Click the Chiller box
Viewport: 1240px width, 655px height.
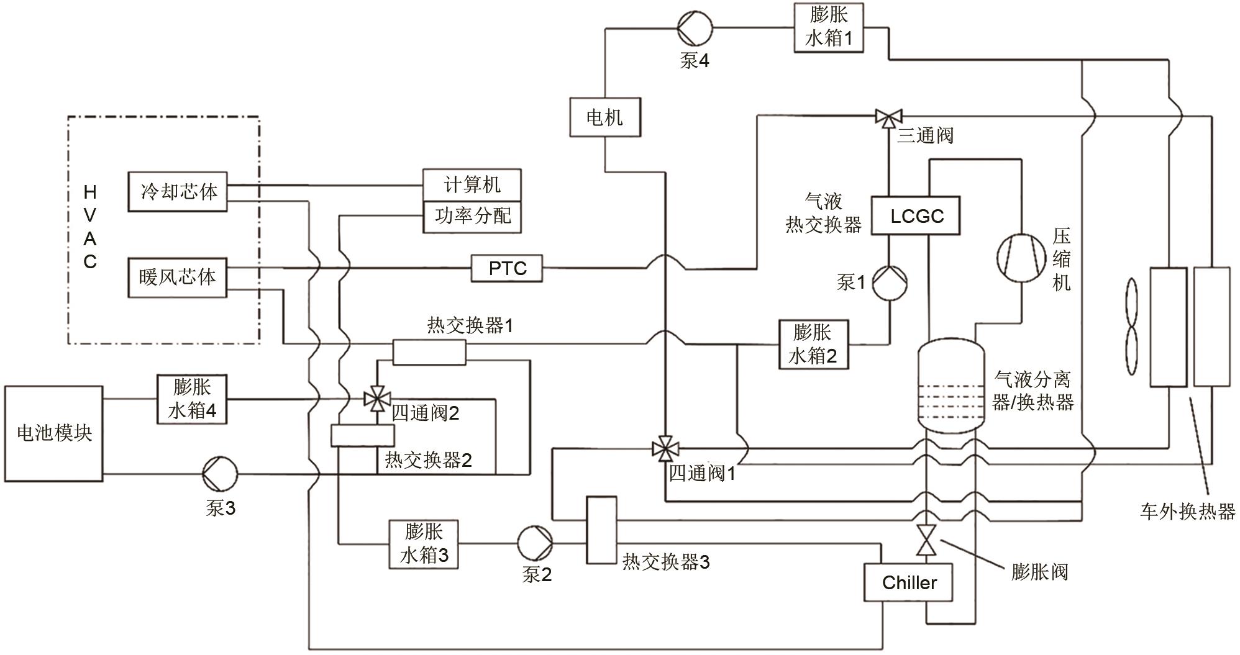[908, 582]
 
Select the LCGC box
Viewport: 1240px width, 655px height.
[916, 216]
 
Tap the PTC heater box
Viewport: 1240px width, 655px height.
[506, 268]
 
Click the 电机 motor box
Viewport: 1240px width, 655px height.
[604, 117]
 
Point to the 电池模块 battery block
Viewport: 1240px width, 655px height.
[53, 433]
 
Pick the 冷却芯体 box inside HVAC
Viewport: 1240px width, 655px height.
[178, 192]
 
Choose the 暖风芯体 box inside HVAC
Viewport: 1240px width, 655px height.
[178, 277]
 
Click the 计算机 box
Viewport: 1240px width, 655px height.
[472, 185]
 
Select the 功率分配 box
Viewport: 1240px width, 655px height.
[472, 217]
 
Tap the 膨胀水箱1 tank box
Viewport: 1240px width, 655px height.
[829, 27]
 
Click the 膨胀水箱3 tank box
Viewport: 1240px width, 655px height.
[424, 544]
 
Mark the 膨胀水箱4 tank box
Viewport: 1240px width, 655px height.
[191, 399]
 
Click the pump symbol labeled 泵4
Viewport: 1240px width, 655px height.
[695, 27]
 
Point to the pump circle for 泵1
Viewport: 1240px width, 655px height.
[890, 282]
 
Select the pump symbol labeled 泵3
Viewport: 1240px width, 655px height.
[220, 474]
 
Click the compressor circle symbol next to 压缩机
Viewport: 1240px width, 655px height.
[1021, 258]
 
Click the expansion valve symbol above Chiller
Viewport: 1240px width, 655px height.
[927, 540]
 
